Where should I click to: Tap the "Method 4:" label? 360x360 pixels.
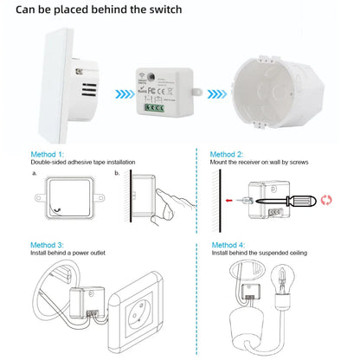227,245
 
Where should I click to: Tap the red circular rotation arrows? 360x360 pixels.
326,199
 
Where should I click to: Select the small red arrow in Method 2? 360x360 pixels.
228,198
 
